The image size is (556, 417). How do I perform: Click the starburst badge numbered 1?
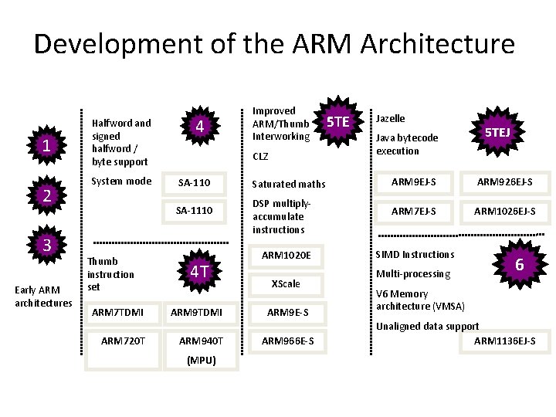(x=47, y=144)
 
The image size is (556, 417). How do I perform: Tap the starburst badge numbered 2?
(x=47, y=195)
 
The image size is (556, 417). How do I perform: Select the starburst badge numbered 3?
(x=47, y=246)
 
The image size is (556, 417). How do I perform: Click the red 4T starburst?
(x=199, y=271)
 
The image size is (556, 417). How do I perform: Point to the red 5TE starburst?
(x=338, y=121)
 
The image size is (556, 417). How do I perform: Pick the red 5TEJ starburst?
(x=497, y=132)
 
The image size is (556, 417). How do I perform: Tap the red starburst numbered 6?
(x=520, y=265)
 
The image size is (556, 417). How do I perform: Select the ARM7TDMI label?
(x=117, y=312)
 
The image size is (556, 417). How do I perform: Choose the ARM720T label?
(x=122, y=341)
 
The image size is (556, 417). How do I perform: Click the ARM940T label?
(x=200, y=341)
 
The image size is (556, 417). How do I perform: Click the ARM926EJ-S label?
(x=503, y=182)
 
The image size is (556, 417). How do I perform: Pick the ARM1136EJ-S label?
(x=504, y=341)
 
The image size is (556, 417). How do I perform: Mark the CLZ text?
(x=261, y=156)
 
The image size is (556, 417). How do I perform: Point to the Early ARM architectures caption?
(x=43, y=296)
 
